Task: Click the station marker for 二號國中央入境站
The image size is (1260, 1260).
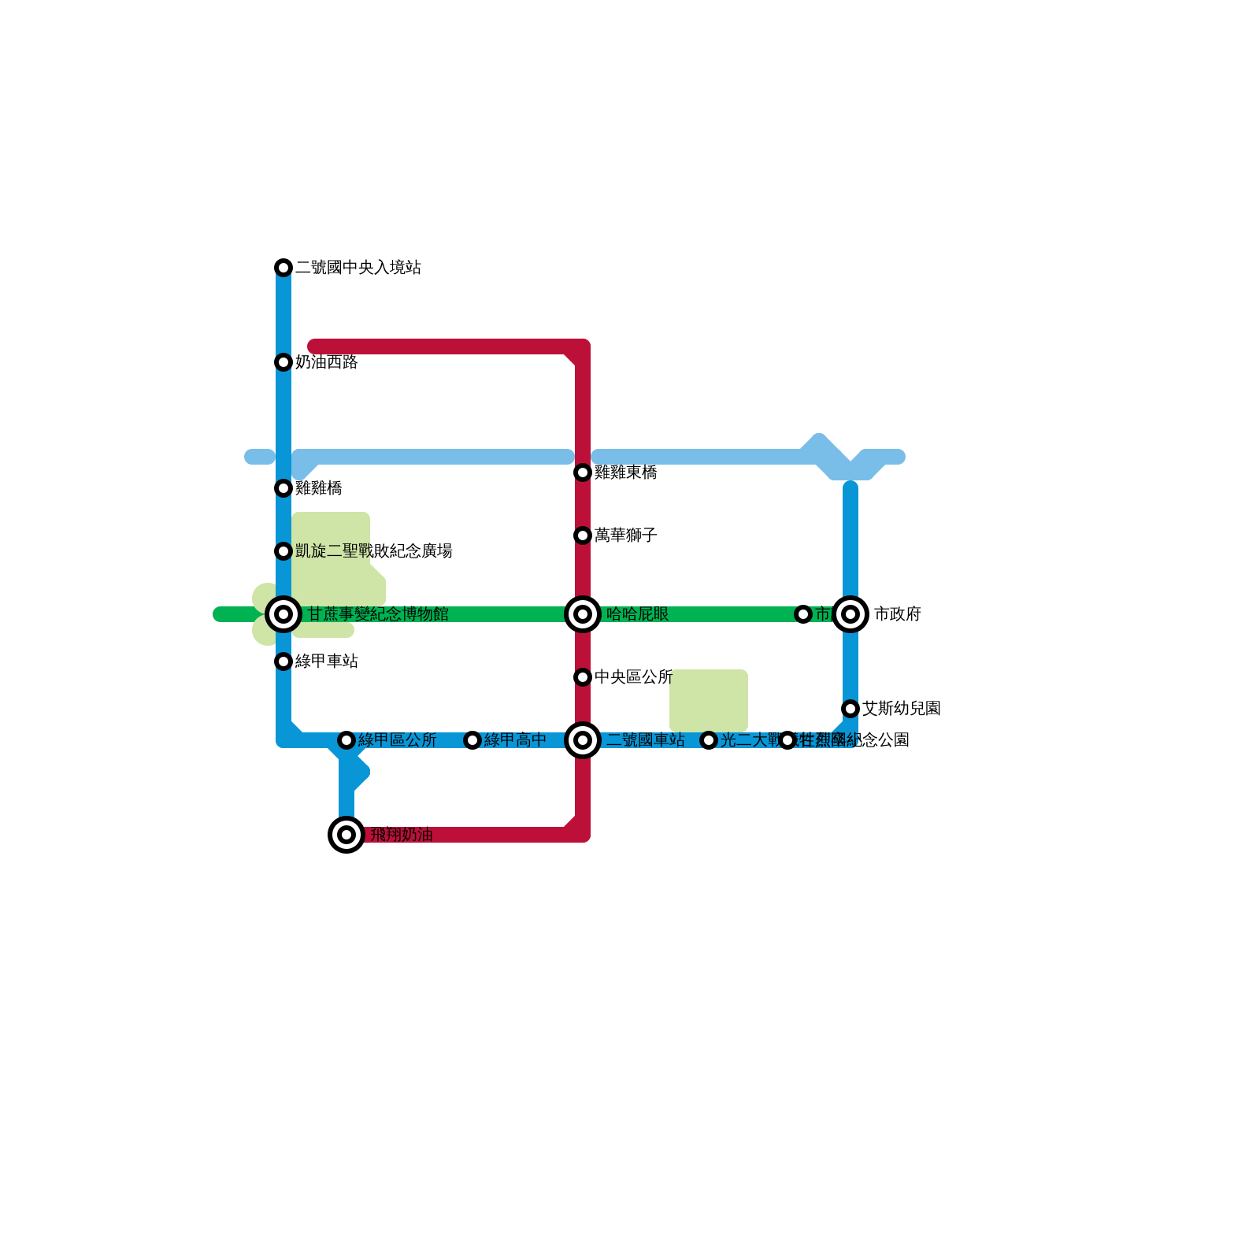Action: [x=283, y=268]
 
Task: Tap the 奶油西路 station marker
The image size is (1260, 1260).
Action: [x=283, y=362]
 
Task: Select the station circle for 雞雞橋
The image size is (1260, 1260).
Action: [x=283, y=488]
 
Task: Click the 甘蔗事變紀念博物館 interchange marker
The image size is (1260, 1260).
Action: [x=283, y=614]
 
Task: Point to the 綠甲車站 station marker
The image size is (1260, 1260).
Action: [x=283, y=661]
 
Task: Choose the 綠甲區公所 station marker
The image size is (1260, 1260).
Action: [x=346, y=740]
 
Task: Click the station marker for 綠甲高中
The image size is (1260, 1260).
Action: [x=472, y=740]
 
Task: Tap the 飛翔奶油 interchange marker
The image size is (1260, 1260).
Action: [x=346, y=835]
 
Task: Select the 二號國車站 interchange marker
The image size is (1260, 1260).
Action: [x=583, y=740]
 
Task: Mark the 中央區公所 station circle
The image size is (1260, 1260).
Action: [x=583, y=677]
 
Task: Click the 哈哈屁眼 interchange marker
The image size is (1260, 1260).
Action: [x=583, y=614]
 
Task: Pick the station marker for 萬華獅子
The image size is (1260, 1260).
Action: [x=583, y=535]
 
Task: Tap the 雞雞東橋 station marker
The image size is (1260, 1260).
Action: [x=583, y=472]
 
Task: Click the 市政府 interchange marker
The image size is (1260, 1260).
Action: [x=850, y=614]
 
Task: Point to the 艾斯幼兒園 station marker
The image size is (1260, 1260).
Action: [x=850, y=709]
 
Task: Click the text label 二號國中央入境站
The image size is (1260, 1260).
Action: [x=358, y=268]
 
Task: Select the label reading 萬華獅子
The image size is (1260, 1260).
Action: [x=626, y=535]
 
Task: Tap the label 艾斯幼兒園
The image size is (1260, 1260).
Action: [x=902, y=709]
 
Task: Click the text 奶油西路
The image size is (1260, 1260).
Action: [x=327, y=362]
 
